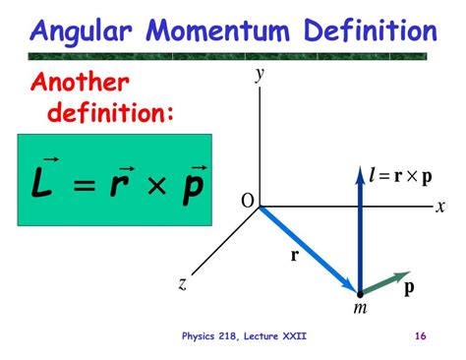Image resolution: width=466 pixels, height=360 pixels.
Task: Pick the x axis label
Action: pyautogui.click(x=441, y=206)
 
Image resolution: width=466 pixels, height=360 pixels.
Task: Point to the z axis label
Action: pyautogui.click(x=183, y=284)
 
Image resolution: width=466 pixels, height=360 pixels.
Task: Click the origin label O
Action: pyautogui.click(x=247, y=202)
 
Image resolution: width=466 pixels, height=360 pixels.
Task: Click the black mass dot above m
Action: pyautogui.click(x=361, y=292)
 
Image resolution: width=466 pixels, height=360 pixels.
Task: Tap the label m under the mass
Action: pyautogui.click(x=360, y=309)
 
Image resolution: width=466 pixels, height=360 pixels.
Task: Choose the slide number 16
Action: pyautogui.click(x=420, y=336)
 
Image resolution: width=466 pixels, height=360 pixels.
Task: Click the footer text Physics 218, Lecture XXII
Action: pyautogui.click(x=244, y=336)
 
